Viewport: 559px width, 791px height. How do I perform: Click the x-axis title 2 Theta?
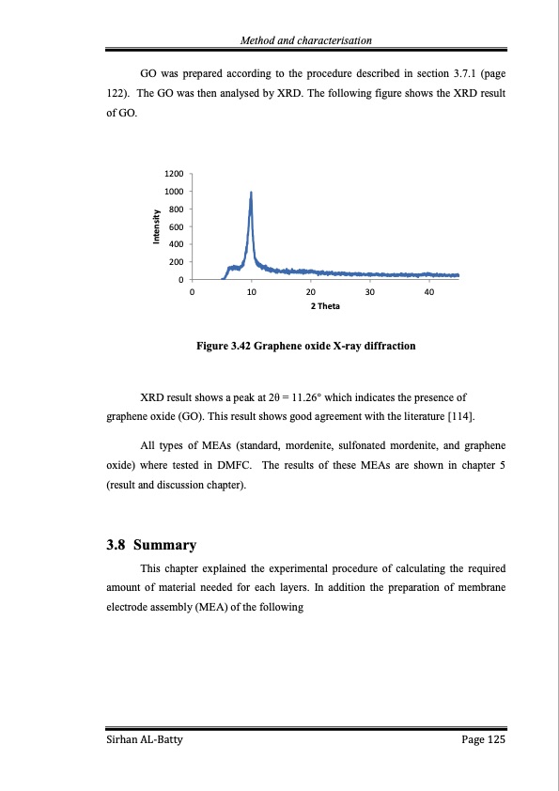coord(325,306)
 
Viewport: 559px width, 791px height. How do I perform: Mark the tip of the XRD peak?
coord(251,193)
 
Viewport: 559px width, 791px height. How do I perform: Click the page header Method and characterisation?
coord(306,40)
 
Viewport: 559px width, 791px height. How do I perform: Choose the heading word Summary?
coord(165,545)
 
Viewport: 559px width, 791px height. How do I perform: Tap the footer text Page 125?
coord(484,742)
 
